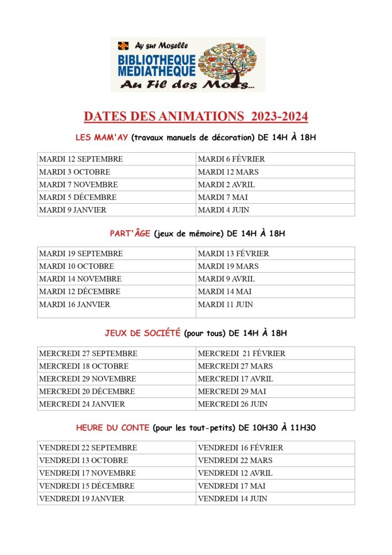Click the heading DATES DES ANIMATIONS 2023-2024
[x=195, y=117]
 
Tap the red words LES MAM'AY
[x=101, y=138]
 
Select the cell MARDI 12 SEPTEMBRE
[x=81, y=159]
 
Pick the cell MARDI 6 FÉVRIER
[x=231, y=159]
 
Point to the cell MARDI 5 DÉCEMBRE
[x=78, y=197]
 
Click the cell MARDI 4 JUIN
[x=224, y=210]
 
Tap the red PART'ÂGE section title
[x=129, y=234]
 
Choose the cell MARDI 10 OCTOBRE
[x=77, y=266]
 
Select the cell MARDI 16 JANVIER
[x=75, y=305]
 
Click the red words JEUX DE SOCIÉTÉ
[x=142, y=333]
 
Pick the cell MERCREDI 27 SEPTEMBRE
[x=88, y=353]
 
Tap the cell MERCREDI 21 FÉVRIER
[x=241, y=353]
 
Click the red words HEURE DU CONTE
[x=112, y=428]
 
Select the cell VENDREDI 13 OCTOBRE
[x=84, y=460]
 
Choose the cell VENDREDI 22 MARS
[x=235, y=460]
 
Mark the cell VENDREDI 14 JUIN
[x=232, y=499]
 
